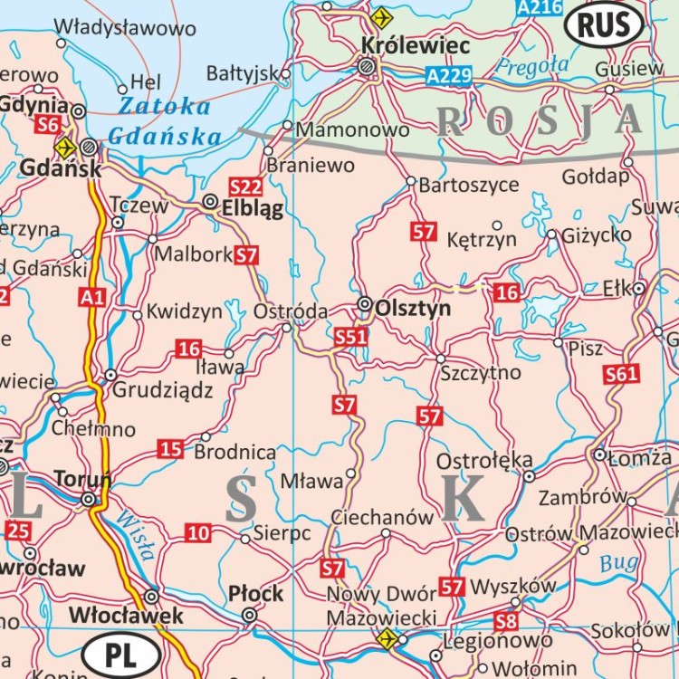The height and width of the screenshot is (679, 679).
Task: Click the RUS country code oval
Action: [x=604, y=24]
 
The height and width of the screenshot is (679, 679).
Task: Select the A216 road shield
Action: [x=535, y=8]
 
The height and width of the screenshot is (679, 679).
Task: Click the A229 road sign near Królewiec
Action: [x=450, y=76]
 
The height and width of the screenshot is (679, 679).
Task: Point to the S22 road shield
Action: [x=245, y=187]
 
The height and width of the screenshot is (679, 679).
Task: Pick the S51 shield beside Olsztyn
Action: [x=350, y=337]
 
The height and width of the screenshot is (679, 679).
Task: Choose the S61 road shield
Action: [x=622, y=373]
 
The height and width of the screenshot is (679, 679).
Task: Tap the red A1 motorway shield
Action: [x=91, y=296]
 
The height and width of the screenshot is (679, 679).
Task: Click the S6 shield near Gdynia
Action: [x=49, y=125]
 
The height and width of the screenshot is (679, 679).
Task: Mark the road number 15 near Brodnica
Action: [x=170, y=448]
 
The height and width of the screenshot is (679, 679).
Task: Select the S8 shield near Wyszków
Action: [x=506, y=621]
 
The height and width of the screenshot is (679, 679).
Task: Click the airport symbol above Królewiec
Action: [x=382, y=17]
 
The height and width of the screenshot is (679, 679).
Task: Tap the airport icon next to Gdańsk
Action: [x=64, y=147]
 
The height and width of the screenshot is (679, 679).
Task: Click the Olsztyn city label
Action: [x=412, y=309]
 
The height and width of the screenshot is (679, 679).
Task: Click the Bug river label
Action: [x=618, y=563]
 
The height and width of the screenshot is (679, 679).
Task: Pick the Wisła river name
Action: [x=134, y=535]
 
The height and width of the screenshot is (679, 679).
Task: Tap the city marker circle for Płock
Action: [x=250, y=616]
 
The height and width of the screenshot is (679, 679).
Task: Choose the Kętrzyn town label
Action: [x=482, y=240]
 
